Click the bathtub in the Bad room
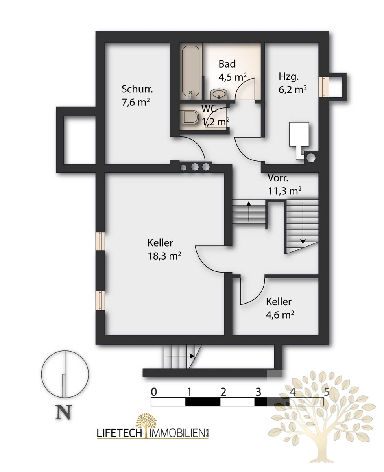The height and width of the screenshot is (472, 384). click(x=190, y=72)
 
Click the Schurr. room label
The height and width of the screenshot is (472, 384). click(x=137, y=89)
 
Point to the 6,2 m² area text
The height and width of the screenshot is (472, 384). click(x=292, y=90)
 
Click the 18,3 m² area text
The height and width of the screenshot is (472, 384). click(x=164, y=256)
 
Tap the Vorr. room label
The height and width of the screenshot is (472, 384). click(x=278, y=178)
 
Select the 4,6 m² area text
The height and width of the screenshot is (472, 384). click(x=280, y=315)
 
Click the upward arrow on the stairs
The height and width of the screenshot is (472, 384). click(x=249, y=212)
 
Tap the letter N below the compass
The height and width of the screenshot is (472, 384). click(x=64, y=412)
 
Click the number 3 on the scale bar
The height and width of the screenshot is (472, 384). click(x=258, y=392)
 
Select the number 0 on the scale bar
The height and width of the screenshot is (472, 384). click(x=154, y=392)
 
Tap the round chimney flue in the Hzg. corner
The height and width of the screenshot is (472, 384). click(x=311, y=158)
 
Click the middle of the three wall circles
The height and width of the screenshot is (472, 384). click(x=195, y=167)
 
